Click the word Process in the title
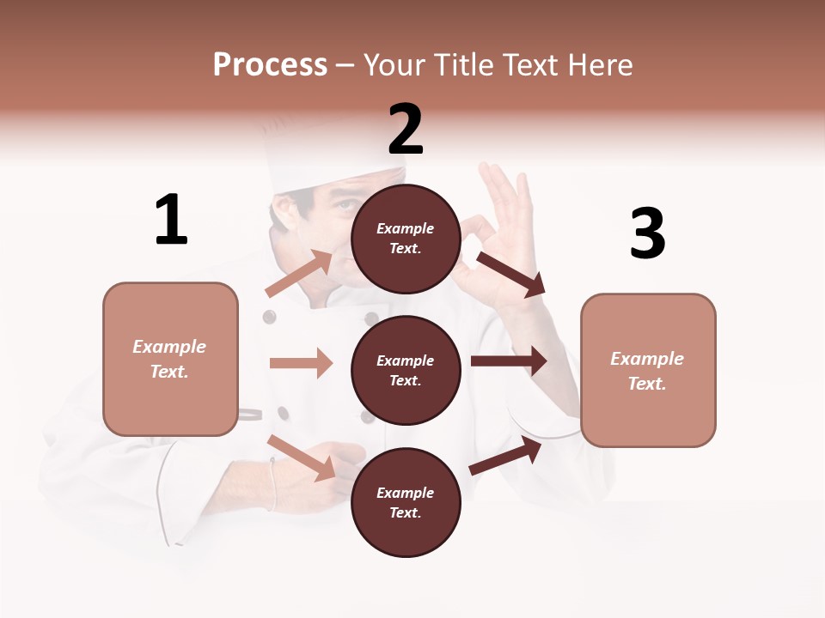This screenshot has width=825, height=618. (x=270, y=64)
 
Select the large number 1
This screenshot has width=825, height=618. (x=171, y=220)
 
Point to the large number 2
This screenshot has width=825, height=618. (x=406, y=130)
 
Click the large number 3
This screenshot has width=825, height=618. (x=647, y=234)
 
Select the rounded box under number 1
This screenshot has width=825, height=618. (x=170, y=359)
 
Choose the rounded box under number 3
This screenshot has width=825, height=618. (x=648, y=370)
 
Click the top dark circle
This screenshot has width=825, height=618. (x=406, y=239)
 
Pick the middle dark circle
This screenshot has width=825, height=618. (x=406, y=370)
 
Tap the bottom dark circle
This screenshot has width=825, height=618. (x=406, y=502)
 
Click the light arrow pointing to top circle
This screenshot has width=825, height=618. (x=299, y=274)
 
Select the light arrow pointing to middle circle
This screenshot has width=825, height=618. (x=301, y=363)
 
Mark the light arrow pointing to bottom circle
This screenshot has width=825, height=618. (x=302, y=457)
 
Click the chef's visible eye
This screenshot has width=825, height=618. (x=345, y=205)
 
